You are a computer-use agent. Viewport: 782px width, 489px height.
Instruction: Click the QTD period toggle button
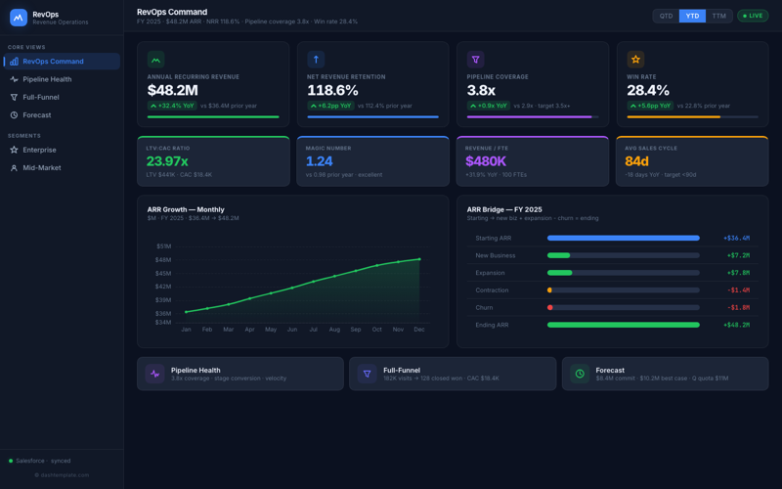(666, 16)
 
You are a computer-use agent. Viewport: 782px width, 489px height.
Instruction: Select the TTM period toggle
(718, 16)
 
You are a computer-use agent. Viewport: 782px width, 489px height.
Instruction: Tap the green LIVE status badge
(754, 16)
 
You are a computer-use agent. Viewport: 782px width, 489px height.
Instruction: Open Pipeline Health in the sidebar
(47, 79)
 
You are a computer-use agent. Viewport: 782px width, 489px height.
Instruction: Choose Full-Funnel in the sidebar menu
(41, 97)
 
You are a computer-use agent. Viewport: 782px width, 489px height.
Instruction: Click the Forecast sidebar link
(37, 115)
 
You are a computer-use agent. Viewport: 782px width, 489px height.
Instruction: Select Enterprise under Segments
(40, 150)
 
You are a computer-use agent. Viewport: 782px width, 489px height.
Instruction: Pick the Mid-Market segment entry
(42, 168)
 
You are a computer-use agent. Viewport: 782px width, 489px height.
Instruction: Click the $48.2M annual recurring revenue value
(173, 90)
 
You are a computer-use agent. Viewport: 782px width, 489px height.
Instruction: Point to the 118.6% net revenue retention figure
(332, 90)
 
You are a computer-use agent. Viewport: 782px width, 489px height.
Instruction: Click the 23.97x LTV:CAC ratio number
(167, 161)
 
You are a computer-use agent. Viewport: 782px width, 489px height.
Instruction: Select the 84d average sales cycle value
(637, 161)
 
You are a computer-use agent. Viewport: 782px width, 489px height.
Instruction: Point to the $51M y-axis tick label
(163, 246)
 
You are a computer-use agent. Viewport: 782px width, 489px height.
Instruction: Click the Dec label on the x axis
(419, 330)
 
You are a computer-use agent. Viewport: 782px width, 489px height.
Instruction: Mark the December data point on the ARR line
(419, 259)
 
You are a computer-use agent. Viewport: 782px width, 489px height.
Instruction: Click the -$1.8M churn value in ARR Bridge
(738, 307)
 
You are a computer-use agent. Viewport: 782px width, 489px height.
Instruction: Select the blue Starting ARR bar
(623, 238)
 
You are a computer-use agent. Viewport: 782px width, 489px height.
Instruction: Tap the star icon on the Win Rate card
(635, 60)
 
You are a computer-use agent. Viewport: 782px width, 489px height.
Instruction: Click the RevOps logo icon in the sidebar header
(19, 18)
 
